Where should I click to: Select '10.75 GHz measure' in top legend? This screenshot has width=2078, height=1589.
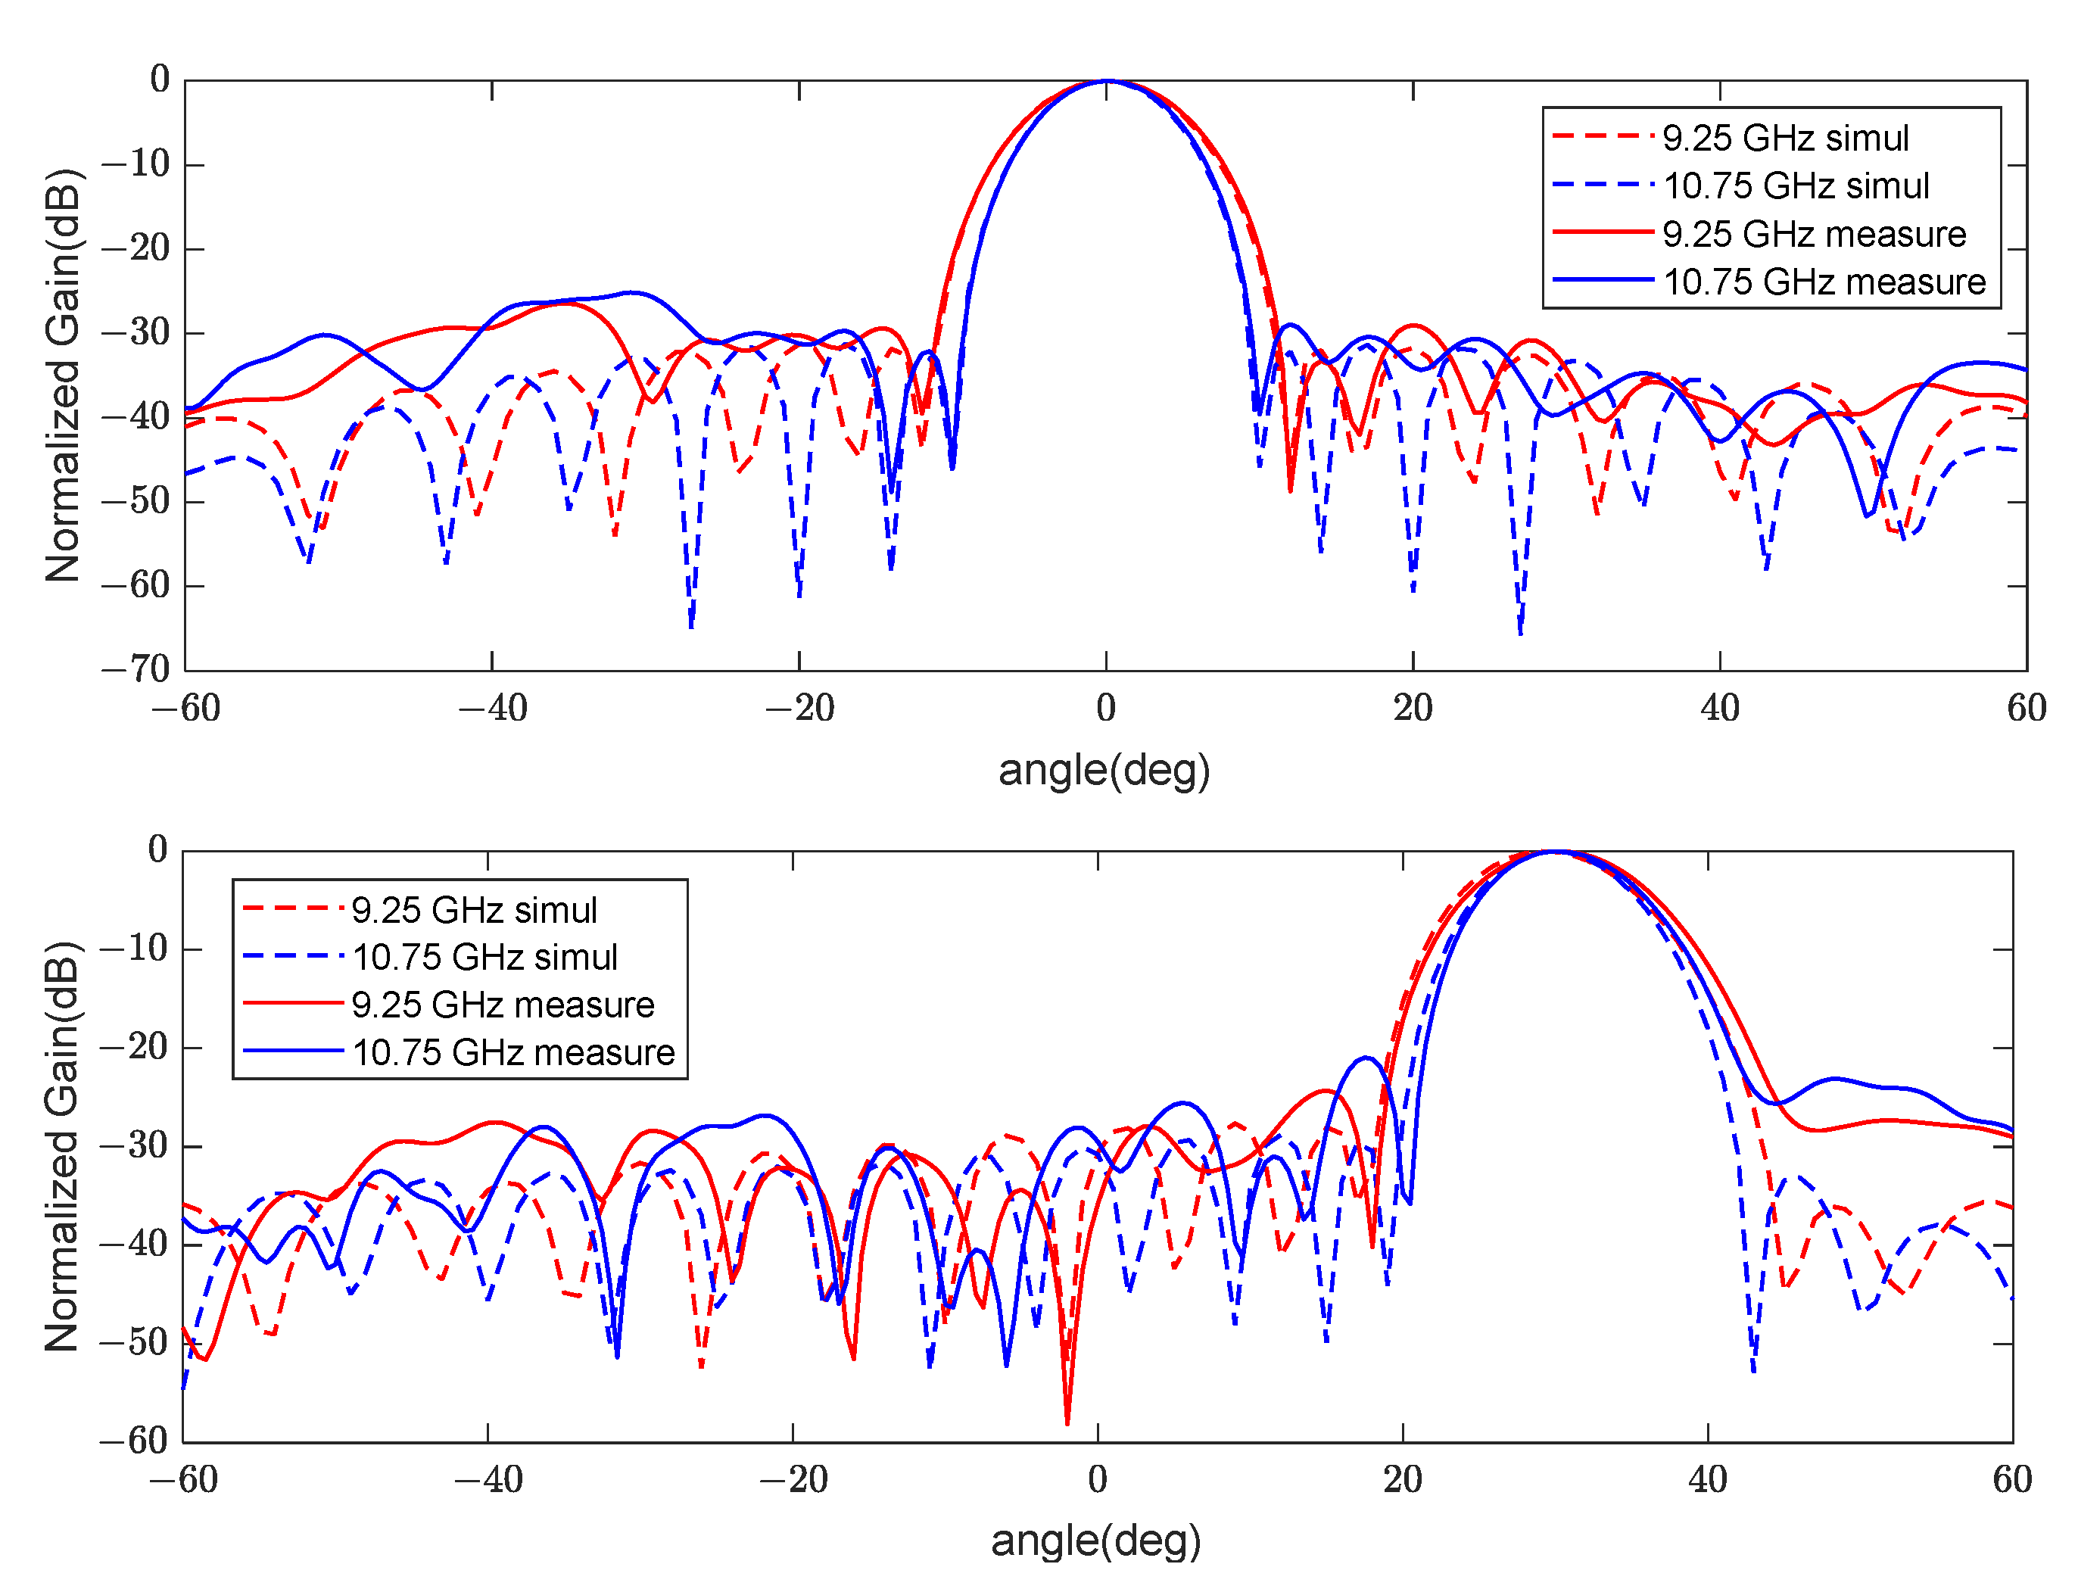(1823, 282)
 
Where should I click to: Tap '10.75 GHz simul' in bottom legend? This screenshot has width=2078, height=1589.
(485, 957)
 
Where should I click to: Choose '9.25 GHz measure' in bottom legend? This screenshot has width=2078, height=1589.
(502, 1005)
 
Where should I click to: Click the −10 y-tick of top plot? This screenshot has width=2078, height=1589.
(136, 164)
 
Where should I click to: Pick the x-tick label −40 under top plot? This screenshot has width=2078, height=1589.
(492, 708)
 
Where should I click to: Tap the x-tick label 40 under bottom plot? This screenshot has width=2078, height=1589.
(1707, 1479)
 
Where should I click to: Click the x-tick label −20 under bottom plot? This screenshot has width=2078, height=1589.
(793, 1479)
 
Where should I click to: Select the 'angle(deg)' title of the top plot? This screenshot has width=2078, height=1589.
(1104, 770)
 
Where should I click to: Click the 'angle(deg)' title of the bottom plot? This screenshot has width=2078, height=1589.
(1095, 1541)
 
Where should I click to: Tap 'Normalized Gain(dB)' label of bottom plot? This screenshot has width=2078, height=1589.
(64, 1146)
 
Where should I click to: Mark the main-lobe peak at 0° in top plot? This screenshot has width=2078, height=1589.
(1108, 81)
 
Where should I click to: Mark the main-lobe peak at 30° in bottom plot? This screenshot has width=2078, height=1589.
(1554, 852)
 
